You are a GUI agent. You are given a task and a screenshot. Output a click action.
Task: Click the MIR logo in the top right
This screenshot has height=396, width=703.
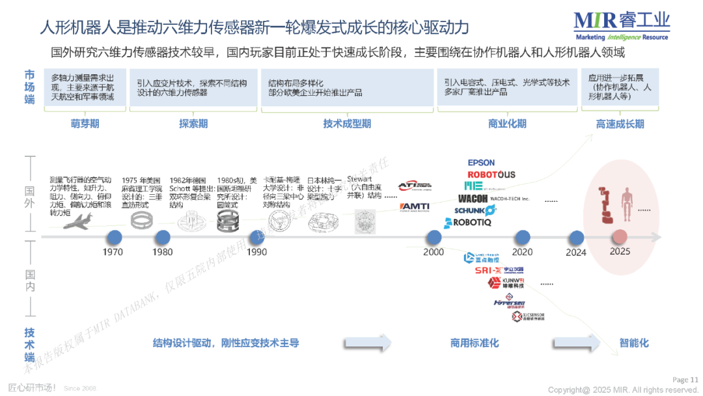(x=622, y=25)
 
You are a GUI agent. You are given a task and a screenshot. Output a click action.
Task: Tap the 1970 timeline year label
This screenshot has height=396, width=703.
(x=113, y=252)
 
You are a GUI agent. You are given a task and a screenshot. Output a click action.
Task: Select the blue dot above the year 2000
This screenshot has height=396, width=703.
(x=434, y=237)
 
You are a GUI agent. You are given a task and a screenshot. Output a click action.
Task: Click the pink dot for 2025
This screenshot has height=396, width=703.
(x=620, y=237)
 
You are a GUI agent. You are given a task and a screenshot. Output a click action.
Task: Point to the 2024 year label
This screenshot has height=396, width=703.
(x=576, y=252)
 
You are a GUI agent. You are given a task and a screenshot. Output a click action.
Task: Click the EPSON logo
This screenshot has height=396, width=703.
(x=481, y=162)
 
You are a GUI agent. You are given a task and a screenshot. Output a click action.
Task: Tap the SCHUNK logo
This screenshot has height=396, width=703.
(x=475, y=210)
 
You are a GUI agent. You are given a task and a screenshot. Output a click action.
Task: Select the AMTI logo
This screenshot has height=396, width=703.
(x=414, y=207)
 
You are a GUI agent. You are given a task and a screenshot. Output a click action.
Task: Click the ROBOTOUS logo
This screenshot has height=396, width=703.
(x=491, y=175)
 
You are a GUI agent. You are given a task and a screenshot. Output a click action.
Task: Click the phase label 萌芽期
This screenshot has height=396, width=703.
(x=85, y=124)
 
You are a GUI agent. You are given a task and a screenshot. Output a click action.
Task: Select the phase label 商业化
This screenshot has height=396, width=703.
(x=507, y=124)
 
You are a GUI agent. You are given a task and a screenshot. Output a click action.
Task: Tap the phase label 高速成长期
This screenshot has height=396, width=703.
(x=620, y=124)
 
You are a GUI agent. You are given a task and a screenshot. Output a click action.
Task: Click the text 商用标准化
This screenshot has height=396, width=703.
(x=474, y=343)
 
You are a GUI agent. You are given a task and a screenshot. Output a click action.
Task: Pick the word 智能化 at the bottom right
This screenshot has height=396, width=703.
(x=634, y=343)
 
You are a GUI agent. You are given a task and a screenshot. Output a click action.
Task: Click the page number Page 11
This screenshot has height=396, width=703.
(x=685, y=380)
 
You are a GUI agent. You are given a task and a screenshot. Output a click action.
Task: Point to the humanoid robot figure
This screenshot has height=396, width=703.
(x=627, y=204)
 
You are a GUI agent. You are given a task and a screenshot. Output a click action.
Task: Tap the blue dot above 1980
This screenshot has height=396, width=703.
(x=162, y=237)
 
